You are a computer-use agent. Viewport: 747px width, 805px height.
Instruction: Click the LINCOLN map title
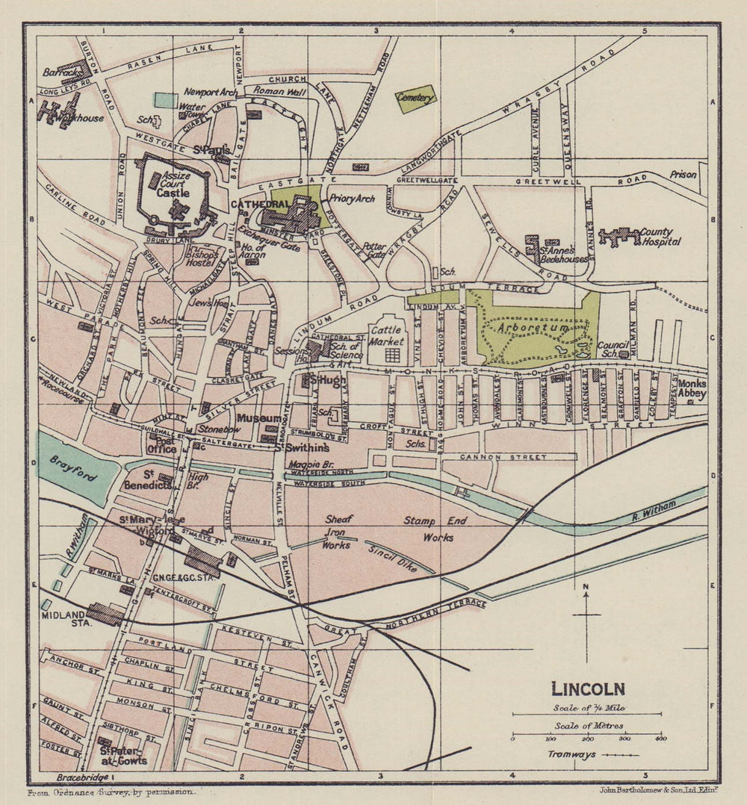(x=588, y=689)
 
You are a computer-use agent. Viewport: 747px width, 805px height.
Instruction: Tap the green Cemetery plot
(x=416, y=99)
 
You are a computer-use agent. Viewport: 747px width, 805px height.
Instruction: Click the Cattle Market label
(x=387, y=336)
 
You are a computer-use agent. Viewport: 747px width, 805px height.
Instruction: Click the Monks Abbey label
(x=692, y=389)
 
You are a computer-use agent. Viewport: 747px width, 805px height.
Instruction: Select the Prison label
(x=683, y=175)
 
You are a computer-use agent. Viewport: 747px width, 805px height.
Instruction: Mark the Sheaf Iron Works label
(x=337, y=532)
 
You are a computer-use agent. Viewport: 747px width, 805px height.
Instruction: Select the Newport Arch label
(x=211, y=92)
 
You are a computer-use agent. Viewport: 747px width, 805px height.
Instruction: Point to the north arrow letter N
(x=587, y=587)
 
